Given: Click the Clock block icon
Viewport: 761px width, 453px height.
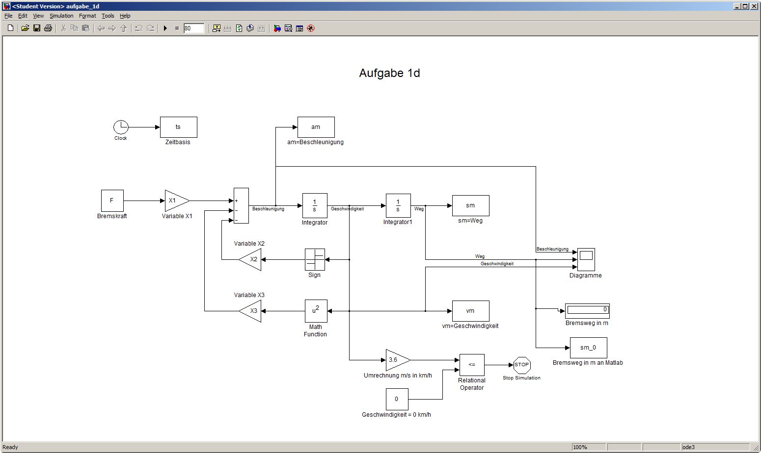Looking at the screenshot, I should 121,127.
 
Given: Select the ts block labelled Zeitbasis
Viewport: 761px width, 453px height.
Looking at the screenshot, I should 178,127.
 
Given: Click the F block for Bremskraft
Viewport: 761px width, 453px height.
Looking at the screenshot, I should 112,201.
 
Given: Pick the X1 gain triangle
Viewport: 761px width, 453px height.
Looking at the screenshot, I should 175,201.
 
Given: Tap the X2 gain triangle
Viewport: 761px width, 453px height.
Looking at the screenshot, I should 251,259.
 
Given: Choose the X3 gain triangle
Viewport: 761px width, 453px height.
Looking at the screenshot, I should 251,311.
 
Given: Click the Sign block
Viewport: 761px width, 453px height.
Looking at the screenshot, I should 315,259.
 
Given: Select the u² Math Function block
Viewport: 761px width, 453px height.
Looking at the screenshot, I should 316,311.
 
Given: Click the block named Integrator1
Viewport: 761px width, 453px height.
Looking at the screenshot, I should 398,205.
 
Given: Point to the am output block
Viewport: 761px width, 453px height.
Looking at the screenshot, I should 316,127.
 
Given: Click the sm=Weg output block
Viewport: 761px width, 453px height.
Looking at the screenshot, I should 470,205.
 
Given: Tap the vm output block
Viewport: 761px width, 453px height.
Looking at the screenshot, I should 470,311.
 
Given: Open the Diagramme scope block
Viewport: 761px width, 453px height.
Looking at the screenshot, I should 586,259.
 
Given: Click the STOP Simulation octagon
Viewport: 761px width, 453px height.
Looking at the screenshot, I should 521,365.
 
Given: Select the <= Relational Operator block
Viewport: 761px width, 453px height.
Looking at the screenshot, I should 472,365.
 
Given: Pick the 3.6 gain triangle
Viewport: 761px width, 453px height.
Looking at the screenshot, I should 396,360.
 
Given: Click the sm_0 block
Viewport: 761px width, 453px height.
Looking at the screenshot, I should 588,348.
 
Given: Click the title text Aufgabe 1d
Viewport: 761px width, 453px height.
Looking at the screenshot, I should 389,73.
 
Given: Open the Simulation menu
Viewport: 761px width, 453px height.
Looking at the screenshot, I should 61,16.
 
